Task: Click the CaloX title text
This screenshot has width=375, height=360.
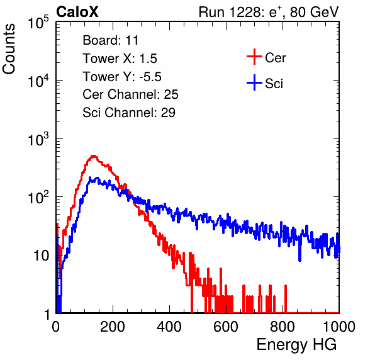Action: click(77, 12)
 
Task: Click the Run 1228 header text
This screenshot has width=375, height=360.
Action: click(269, 12)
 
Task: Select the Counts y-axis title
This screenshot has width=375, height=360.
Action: click(9, 49)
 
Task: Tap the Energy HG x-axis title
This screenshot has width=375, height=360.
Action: click(296, 344)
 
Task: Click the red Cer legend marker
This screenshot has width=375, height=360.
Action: click(254, 57)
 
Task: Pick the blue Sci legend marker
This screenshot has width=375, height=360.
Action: click(254, 82)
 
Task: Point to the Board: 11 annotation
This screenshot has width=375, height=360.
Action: click(111, 40)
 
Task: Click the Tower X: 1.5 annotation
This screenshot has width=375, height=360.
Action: click(120, 59)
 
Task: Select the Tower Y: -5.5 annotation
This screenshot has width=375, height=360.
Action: click(122, 77)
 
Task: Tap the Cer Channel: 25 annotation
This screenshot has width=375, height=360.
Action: click(130, 94)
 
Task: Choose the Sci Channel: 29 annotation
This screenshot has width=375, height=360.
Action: click(129, 113)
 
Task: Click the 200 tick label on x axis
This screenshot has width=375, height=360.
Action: click(113, 327)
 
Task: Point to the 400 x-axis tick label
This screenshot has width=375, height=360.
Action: click(169, 327)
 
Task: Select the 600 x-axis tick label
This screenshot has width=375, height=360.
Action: click(226, 327)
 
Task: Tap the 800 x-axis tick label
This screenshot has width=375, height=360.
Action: click(283, 327)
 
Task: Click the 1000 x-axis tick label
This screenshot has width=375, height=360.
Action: click(339, 327)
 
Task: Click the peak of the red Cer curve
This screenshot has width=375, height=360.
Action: click(94, 156)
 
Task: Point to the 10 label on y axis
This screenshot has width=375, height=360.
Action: click(41, 256)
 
